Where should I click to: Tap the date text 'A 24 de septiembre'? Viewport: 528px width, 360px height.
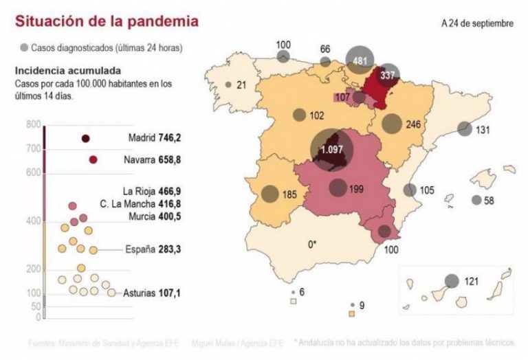(x=477, y=23)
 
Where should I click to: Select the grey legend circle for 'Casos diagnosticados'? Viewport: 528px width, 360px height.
(x=25, y=48)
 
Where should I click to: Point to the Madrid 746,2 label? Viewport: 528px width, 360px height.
(x=155, y=137)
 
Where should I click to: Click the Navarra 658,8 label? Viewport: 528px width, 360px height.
(x=155, y=159)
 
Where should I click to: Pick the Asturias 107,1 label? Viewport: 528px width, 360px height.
(x=152, y=293)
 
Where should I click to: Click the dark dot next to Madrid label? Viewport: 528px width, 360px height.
(x=86, y=139)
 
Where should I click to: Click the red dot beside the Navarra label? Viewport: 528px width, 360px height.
(x=93, y=160)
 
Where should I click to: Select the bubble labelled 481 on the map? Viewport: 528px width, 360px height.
(x=359, y=60)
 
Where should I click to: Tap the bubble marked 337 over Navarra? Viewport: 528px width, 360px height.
(x=388, y=74)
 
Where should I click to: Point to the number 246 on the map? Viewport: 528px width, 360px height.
(x=412, y=125)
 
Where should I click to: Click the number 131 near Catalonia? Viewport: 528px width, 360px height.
(x=483, y=131)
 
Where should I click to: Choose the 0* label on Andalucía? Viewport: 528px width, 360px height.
(x=312, y=243)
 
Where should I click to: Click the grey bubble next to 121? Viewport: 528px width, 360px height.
(x=452, y=281)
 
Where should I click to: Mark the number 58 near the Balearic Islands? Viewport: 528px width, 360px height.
(x=489, y=201)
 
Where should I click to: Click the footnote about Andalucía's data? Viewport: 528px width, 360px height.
(x=410, y=341)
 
